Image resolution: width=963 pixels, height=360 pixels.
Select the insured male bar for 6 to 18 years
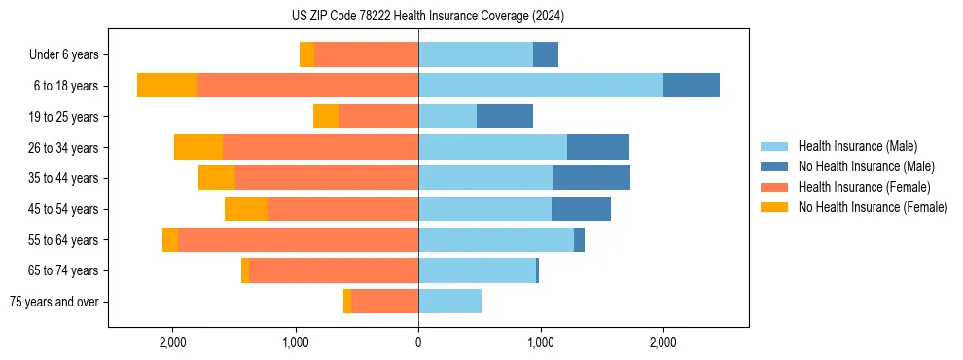pos(541,86)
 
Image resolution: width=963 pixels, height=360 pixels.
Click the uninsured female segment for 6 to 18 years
pos(167,86)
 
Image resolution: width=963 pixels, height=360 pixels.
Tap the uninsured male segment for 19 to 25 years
pos(505,117)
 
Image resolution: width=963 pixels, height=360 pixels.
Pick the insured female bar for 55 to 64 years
pos(298,240)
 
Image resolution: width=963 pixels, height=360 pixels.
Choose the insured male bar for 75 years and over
pos(449,302)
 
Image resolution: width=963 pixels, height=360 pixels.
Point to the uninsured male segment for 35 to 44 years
pos(591,178)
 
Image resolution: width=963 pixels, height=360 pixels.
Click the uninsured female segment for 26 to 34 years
pos(198,147)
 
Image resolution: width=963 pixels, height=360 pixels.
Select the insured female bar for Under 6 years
pos(366,54)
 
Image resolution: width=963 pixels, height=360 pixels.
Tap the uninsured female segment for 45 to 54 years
pos(246,209)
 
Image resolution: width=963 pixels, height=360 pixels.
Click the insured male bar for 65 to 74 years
pos(477,270)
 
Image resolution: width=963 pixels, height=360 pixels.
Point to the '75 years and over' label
pos(53,302)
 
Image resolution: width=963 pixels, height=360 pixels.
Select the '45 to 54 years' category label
pos(63,209)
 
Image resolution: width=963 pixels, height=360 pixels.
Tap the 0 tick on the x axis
pos(418,342)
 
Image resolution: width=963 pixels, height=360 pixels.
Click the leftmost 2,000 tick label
pos(173,342)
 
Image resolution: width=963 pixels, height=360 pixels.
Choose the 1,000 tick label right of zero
pos(541,342)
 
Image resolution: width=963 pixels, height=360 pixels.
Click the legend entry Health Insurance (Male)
pos(857,146)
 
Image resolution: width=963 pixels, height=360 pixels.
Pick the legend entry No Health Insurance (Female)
pos(873,207)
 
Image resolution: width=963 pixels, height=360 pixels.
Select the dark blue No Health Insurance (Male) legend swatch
pos(776,166)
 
